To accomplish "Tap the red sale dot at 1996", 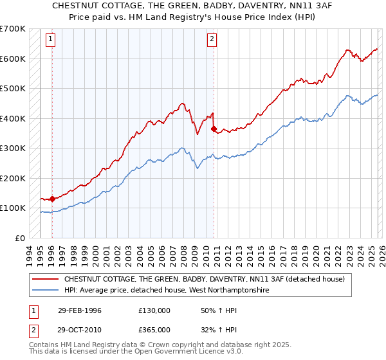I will pyautogui.click(x=52, y=199).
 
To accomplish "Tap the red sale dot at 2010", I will pyautogui.click(x=214, y=129).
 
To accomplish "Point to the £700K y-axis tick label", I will pyautogui.click(x=13, y=29).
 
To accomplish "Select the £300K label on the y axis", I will pyautogui.click(x=13, y=148).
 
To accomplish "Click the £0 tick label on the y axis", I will pyautogui.click(x=21, y=238).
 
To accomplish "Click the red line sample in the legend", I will pyautogui.click(x=46, y=279).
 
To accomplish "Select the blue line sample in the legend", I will pyautogui.click(x=46, y=291).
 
